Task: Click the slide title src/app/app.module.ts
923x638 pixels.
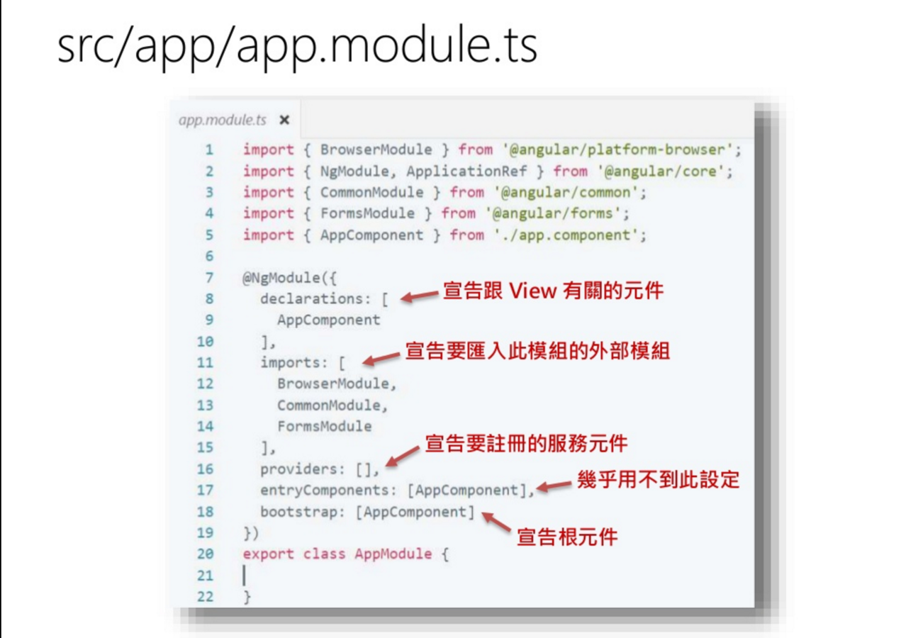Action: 297,46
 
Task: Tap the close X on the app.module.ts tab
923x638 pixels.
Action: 284,120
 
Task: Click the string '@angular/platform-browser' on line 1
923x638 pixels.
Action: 617,150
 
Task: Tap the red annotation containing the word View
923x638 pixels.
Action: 554,291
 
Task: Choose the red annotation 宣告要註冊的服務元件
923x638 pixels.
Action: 526,444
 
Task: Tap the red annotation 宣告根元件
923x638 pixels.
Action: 567,537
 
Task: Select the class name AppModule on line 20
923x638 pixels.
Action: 393,554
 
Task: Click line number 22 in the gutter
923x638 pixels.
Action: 205,596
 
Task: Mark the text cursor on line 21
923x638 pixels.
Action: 245,575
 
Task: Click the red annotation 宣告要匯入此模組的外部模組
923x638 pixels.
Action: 537,351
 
